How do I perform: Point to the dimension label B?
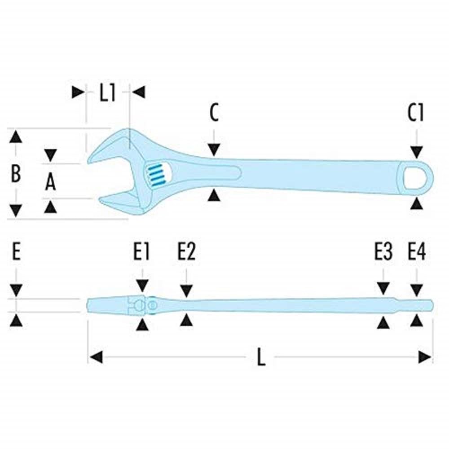pos(16,173)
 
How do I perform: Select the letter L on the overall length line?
pos(261,357)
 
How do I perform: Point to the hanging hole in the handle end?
pos(414,179)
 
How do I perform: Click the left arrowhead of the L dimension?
pos(96,357)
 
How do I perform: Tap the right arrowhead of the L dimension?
pos(425,357)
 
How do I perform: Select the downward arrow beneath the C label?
pos(214,150)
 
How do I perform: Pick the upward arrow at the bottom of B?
pos(16,211)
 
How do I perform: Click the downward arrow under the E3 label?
pos(383,288)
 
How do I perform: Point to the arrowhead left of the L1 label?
pos(78,92)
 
